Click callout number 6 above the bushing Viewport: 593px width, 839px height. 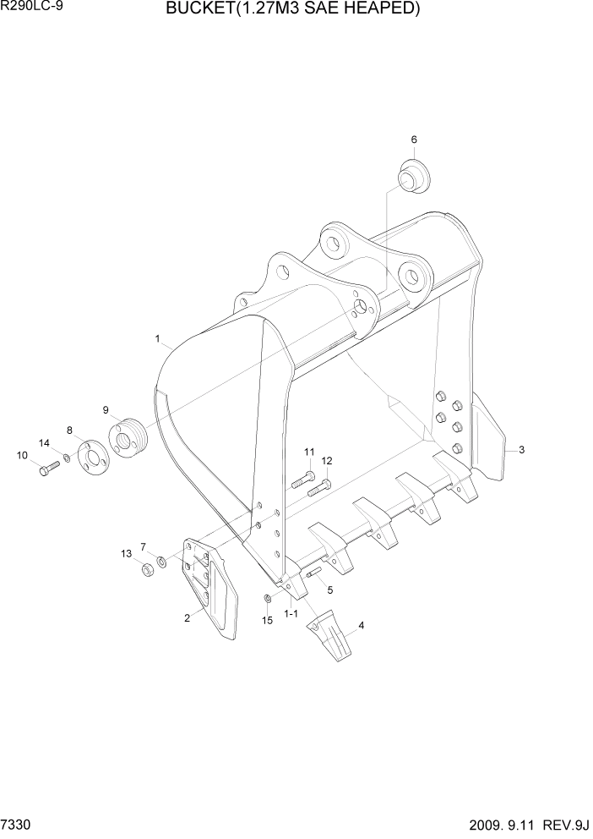coord(414,140)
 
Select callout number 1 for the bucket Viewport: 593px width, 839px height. coord(158,338)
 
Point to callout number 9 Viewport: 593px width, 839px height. coord(106,410)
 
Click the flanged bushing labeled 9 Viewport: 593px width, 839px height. coord(128,438)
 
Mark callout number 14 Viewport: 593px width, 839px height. coord(44,442)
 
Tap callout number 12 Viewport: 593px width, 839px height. coord(327,461)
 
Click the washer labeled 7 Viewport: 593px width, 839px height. coord(161,562)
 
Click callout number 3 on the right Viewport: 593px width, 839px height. coord(522,450)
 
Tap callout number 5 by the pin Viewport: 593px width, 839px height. coord(330,589)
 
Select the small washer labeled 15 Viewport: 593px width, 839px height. coord(267,600)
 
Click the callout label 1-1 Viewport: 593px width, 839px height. coord(291,613)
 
